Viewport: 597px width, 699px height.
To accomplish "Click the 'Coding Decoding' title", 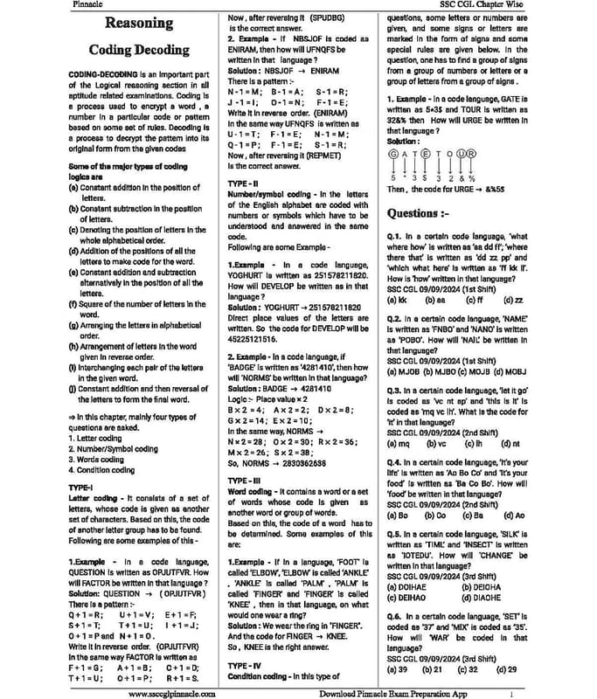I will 139,50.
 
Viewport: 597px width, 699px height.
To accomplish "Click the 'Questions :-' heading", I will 419,213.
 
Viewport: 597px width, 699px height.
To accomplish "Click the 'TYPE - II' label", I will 244,181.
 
